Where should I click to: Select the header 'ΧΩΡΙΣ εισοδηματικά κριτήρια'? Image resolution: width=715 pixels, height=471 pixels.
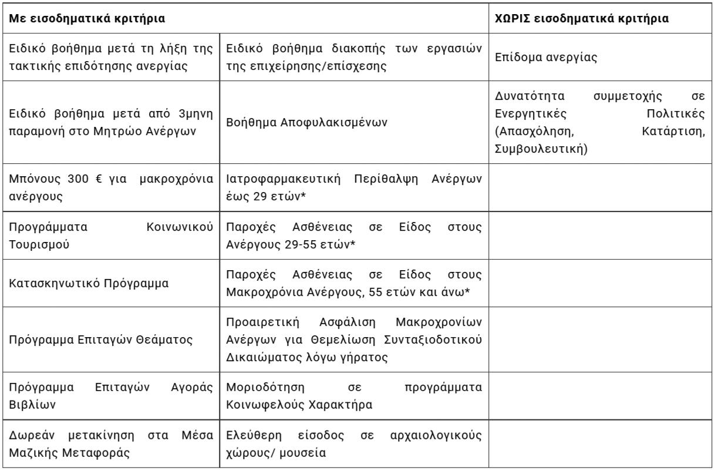pos(581,19)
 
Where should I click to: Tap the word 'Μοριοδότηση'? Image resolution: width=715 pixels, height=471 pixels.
pos(259,388)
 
